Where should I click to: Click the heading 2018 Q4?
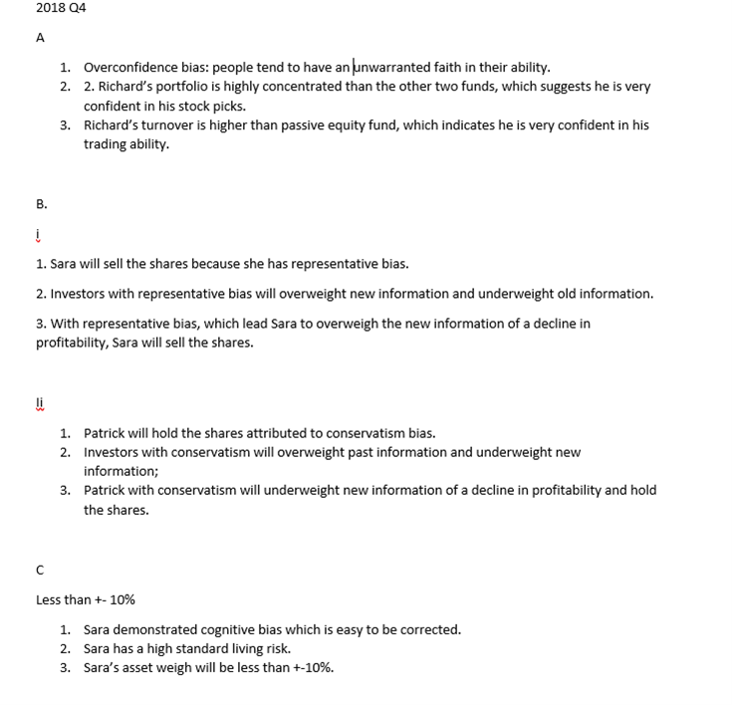(61, 8)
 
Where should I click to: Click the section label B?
(41, 204)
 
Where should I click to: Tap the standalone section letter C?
(40, 571)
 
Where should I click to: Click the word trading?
(105, 144)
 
